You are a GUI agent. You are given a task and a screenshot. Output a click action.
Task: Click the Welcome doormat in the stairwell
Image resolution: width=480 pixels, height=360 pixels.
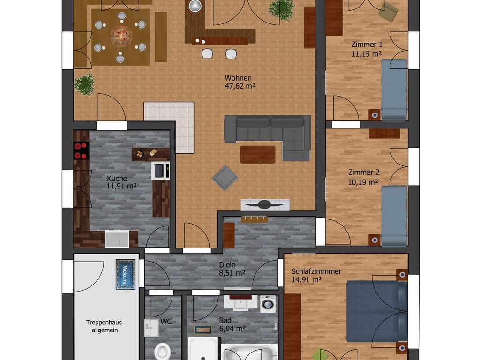(x=126, y=274)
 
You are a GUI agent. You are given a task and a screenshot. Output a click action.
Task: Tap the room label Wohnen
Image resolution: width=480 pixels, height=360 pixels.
(x=238, y=78)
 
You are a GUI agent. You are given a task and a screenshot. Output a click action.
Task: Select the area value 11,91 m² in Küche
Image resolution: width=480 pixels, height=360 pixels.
(x=121, y=186)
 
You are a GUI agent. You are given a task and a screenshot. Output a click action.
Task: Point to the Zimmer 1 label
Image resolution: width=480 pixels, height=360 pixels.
(x=367, y=45)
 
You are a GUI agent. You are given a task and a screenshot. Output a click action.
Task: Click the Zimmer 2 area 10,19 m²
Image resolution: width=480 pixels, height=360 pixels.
(x=363, y=182)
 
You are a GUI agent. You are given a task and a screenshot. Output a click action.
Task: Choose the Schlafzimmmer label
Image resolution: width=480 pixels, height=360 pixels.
(x=316, y=271)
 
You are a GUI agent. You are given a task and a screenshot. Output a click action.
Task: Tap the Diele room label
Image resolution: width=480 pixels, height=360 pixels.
(x=227, y=264)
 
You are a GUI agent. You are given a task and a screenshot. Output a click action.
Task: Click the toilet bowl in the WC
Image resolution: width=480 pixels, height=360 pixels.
(x=163, y=351)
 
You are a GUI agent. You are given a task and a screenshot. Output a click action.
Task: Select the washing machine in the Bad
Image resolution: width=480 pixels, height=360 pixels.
(x=268, y=304)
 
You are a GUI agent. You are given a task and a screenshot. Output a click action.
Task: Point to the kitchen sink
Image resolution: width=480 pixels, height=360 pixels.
(x=117, y=239)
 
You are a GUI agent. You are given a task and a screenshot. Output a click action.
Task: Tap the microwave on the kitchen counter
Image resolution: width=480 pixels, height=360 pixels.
(x=160, y=171)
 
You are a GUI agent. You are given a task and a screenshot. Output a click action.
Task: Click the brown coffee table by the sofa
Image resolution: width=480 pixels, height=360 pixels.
(x=258, y=155)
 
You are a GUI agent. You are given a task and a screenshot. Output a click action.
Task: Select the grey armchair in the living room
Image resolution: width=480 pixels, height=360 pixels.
(x=225, y=178)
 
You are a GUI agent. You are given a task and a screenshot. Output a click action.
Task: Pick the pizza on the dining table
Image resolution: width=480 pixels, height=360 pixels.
(x=121, y=36)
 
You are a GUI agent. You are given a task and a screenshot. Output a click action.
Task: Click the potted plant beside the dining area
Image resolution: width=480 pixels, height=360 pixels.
(x=84, y=84)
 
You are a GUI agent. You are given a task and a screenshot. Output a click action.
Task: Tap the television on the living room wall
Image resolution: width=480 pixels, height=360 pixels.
(x=265, y=205)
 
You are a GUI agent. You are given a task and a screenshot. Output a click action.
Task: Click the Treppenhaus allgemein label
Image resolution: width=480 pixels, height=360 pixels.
(x=105, y=326)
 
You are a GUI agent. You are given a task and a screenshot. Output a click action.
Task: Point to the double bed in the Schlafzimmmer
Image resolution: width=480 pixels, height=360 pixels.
(x=377, y=311)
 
